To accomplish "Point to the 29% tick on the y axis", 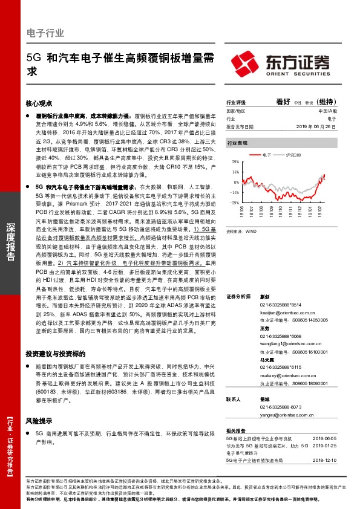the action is pos(234,163).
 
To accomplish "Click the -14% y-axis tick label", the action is pos(234,192).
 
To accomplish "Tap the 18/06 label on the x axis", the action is pos(241,212).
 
